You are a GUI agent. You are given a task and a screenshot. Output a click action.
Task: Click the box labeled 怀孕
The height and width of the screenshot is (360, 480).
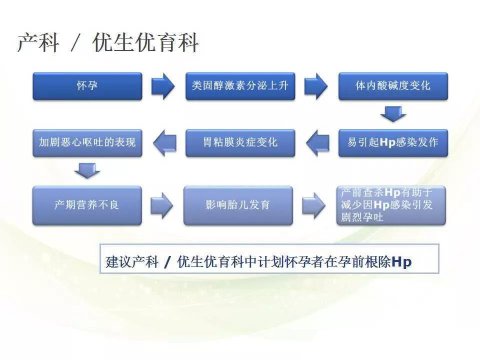87,86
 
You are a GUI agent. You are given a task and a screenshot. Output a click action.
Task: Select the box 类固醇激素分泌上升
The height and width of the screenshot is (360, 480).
240,86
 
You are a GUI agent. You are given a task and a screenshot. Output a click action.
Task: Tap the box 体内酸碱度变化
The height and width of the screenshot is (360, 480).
393,86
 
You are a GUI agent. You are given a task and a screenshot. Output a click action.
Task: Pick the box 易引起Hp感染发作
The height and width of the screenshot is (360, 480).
393,143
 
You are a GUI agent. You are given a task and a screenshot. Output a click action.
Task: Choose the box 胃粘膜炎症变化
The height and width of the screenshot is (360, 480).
240,143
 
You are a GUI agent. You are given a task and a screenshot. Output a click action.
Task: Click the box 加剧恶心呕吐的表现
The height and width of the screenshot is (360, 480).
87,143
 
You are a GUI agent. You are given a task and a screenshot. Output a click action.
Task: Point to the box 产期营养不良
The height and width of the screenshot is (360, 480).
87,205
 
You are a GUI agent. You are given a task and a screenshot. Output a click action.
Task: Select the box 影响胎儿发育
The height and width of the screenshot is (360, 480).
238,205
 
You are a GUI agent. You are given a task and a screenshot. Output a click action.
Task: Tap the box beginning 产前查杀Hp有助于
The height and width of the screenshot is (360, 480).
391,205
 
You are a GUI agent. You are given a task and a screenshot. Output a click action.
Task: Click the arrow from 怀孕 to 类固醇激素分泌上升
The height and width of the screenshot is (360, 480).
163,86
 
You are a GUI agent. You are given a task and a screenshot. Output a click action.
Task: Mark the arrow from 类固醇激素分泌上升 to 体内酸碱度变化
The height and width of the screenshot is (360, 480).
316,86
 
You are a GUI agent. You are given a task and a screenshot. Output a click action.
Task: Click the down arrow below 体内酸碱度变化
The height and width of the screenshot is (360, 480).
393,114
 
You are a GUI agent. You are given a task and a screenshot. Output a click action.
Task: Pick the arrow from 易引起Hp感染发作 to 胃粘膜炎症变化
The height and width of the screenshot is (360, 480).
318,143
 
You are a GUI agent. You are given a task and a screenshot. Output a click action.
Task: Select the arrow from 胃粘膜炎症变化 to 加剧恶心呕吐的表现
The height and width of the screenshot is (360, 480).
164,143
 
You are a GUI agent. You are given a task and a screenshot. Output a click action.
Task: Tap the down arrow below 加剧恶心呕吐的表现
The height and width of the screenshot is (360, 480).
87,170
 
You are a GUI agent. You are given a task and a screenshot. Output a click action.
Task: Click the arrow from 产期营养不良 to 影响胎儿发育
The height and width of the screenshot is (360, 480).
161,205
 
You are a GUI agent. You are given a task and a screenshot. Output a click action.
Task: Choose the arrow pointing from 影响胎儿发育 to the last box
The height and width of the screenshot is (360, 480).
314,205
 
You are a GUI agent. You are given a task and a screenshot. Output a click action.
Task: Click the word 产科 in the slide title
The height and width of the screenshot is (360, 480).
38,43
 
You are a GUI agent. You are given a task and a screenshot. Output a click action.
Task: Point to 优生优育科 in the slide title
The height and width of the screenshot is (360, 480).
145,42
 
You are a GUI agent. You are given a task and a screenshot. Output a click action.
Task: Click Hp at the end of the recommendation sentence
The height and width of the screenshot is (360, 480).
401,262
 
